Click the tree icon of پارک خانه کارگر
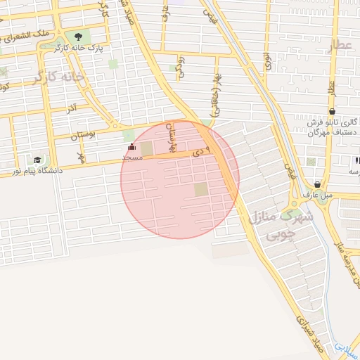tap(77, 37)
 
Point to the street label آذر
tap(72, 110)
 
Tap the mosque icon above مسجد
tap(132, 148)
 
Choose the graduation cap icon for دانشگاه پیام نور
tap(37, 160)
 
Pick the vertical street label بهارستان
tap(169, 137)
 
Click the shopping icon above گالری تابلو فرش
tap(332, 111)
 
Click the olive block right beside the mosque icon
tap(146, 148)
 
